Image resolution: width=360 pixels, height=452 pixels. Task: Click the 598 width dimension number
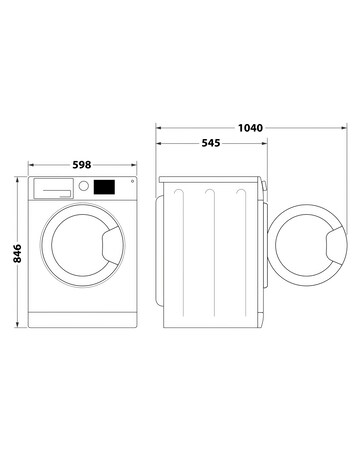coord(84,165)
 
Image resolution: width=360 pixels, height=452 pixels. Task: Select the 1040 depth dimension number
coord(251,129)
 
